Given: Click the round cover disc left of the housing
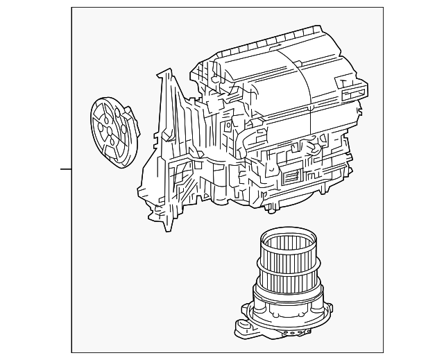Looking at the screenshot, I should pos(108,132).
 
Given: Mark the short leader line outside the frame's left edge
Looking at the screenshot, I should pos(65,169).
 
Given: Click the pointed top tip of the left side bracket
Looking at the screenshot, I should pos(166,70).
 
